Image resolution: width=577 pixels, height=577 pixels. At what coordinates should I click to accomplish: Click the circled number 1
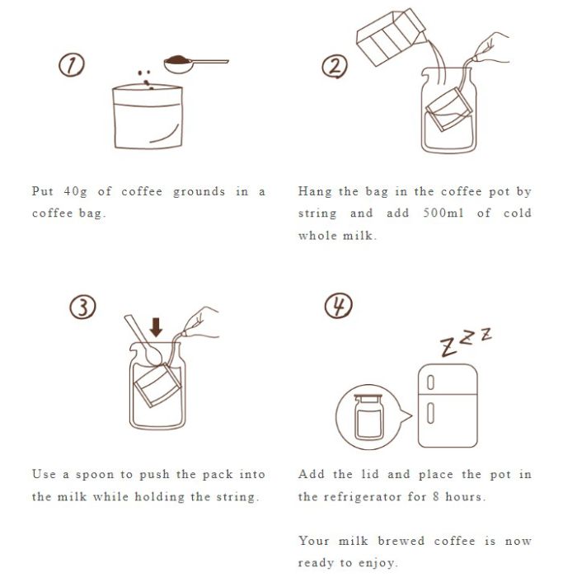coord(72,65)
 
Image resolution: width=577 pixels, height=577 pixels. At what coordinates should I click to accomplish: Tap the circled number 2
coord(335,66)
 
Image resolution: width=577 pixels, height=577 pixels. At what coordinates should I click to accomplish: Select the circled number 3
coord(82,307)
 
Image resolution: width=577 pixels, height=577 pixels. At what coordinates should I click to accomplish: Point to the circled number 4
coord(339,306)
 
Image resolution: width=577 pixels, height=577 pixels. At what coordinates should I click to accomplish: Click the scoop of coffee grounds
coord(196,64)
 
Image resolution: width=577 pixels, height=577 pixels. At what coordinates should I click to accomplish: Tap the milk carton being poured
coord(391,37)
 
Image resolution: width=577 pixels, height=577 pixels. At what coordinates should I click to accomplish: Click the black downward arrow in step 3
coord(156,327)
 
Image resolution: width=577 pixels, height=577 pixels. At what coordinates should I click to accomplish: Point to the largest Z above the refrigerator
coord(448,347)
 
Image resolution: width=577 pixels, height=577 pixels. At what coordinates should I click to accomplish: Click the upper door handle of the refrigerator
coord(430,382)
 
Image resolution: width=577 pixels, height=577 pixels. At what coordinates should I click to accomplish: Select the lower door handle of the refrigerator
coord(430,413)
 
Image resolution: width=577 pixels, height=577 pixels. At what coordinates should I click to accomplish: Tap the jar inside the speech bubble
coord(368,417)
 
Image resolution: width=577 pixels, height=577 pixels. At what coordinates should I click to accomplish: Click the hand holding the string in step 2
coord(491,48)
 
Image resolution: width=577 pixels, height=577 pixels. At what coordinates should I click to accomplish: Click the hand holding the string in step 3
coord(200,322)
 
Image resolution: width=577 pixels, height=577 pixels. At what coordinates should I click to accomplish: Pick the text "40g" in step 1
coord(76,191)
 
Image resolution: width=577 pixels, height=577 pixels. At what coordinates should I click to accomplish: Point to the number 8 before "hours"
coord(436,496)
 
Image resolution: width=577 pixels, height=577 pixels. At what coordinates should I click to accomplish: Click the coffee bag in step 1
coord(148,117)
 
